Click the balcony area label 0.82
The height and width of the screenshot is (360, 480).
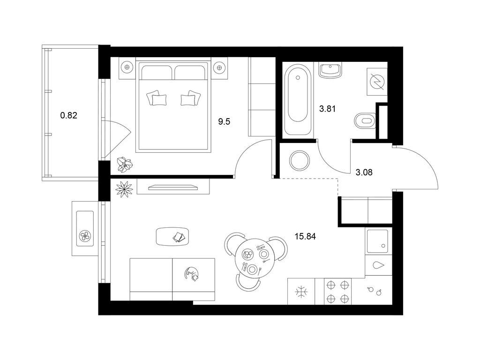coord(68,116)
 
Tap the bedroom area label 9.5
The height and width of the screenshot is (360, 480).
coord(224,122)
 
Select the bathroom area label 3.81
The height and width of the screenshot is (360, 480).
coord(327,109)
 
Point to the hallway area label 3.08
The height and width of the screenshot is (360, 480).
coord(364,172)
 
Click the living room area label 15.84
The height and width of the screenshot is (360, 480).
coord(305,236)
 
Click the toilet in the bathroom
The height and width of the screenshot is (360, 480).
coord(365,120)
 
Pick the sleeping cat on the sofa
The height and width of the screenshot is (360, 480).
coord(192,274)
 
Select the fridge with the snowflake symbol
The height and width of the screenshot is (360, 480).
coord(301,292)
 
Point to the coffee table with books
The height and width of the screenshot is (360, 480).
coord(172,236)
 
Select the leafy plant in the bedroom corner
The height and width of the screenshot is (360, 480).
coord(125,165)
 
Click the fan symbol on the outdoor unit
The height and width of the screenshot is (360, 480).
coord(84,236)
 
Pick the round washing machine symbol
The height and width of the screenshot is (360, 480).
coord(300,161)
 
